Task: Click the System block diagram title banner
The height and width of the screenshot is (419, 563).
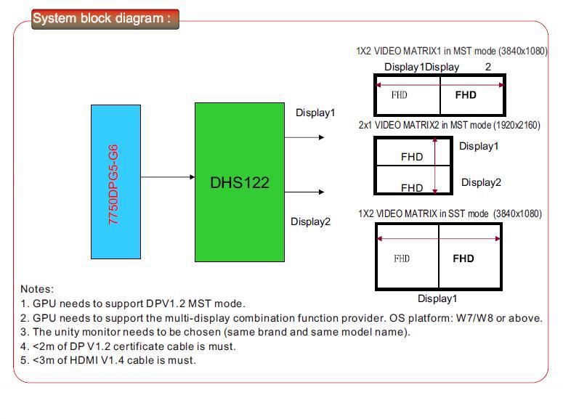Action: pyautogui.click(x=105, y=19)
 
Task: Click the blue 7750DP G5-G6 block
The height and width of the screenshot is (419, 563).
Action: pyautogui.click(x=116, y=182)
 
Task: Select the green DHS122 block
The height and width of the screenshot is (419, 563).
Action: pyautogui.click(x=240, y=182)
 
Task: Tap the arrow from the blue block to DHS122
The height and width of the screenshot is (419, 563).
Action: pyautogui.click(x=168, y=177)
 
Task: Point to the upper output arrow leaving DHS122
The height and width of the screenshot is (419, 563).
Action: pyautogui.click(x=304, y=137)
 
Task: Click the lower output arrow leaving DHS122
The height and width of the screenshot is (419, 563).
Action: pyautogui.click(x=304, y=192)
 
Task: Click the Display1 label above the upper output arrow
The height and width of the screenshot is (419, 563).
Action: pyautogui.click(x=315, y=113)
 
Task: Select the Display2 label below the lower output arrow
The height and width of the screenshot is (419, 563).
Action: pyautogui.click(x=310, y=221)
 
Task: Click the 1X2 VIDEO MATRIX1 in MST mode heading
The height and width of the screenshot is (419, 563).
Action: pyautogui.click(x=452, y=51)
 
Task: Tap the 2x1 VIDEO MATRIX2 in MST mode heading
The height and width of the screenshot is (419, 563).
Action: pyautogui.click(x=449, y=125)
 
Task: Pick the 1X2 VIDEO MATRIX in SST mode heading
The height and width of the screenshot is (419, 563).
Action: pyautogui.click(x=450, y=213)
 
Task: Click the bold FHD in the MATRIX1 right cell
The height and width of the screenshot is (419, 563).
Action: pyautogui.click(x=466, y=95)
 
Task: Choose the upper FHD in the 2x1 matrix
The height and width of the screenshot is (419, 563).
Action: pyautogui.click(x=412, y=157)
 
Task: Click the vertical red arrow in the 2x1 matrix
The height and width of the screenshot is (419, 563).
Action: pyautogui.click(x=435, y=166)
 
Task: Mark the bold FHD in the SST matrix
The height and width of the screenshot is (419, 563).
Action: pyautogui.click(x=463, y=259)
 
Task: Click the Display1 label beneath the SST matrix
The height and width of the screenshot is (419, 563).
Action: pyautogui.click(x=437, y=298)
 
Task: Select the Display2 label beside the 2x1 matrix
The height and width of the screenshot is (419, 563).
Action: pyautogui.click(x=481, y=182)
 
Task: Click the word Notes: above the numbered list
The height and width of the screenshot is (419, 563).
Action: pyautogui.click(x=37, y=289)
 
